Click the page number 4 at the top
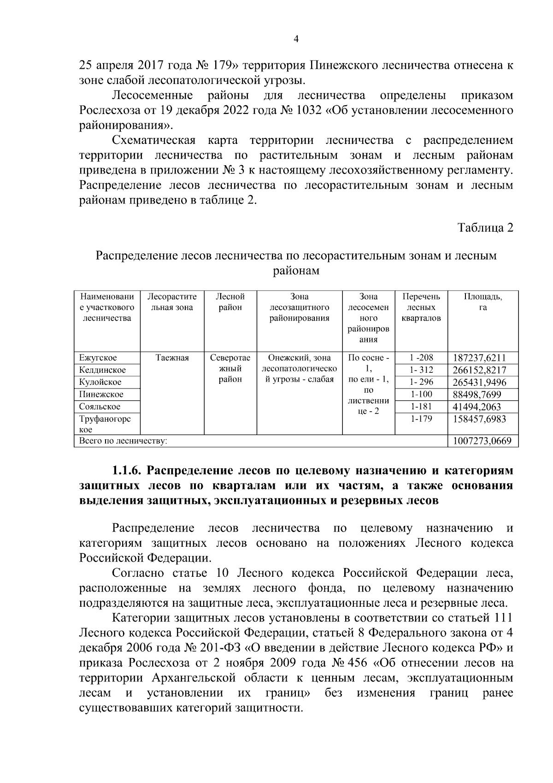[296, 40]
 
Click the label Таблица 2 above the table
[485, 228]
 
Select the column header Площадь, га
[482, 302]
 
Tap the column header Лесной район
[230, 302]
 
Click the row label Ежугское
[98, 358]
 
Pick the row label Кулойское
[100, 382]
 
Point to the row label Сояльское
[100, 406]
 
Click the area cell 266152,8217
[479, 370]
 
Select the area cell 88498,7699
[477, 394]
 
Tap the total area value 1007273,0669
[482, 441]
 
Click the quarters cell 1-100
[420, 394]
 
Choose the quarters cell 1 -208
[420, 358]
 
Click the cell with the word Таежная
[172, 358]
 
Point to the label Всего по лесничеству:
[123, 441]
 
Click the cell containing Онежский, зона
[299, 358]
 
